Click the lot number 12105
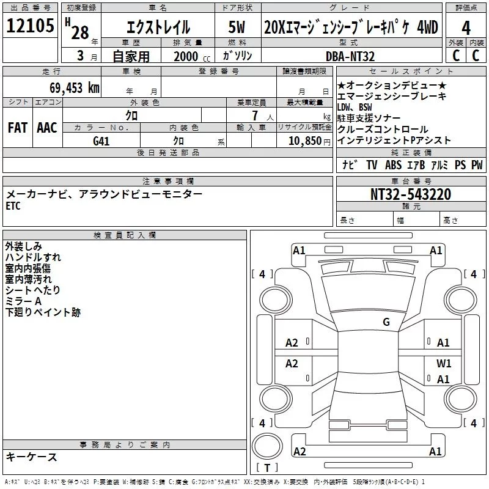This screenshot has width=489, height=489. click(x=30, y=25)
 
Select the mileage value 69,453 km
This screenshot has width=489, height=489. click(x=75, y=87)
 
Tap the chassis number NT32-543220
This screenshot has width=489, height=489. click(x=411, y=194)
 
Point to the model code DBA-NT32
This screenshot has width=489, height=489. click(x=350, y=56)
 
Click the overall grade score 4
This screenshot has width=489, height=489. click(x=466, y=28)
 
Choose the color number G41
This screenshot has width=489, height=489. click(x=101, y=141)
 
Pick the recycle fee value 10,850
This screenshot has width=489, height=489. click(x=305, y=141)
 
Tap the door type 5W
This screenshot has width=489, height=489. click(x=237, y=27)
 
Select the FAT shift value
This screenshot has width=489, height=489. click(x=18, y=128)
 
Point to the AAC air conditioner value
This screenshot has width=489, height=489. click(x=47, y=128)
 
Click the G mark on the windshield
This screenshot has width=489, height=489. click(x=386, y=322)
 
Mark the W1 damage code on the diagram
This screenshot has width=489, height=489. click(x=444, y=363)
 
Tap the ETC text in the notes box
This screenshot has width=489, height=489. click(x=13, y=206)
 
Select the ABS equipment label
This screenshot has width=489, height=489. click(x=393, y=164)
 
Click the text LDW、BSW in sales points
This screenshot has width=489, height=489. click(x=355, y=108)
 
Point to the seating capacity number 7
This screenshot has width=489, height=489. click(x=255, y=116)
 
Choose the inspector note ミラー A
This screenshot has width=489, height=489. click(x=23, y=301)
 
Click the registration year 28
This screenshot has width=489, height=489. click(x=80, y=32)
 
